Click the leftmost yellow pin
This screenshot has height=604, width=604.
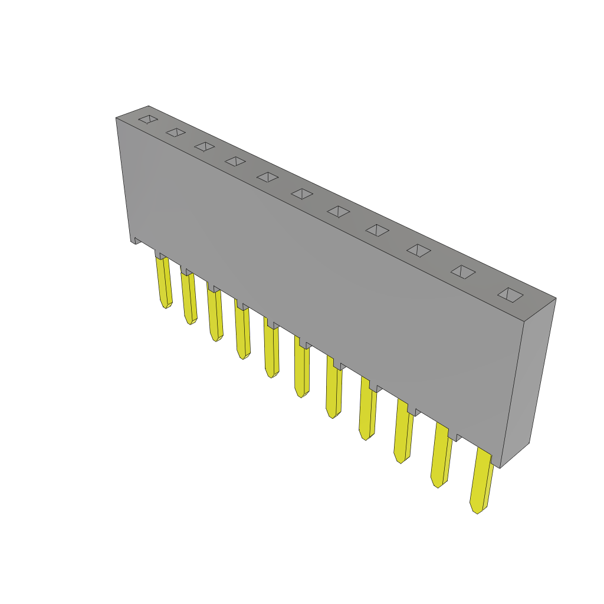pyautogui.click(x=164, y=282)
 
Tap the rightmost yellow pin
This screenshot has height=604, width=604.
pyautogui.click(x=481, y=481)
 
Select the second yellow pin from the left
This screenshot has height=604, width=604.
pyautogui.click(x=189, y=298)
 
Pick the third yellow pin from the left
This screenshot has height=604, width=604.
pyautogui.click(x=215, y=315)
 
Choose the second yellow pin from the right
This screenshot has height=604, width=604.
pyautogui.click(x=441, y=455)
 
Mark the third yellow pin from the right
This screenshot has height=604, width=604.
pyautogui.click(x=403, y=431)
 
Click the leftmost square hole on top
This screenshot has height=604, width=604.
pyautogui.click(x=148, y=119)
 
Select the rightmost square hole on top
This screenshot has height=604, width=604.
pyautogui.click(x=510, y=294)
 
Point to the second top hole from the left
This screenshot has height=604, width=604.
pyautogui.click(x=176, y=132)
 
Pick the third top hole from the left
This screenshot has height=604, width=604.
pyautogui.click(x=205, y=146)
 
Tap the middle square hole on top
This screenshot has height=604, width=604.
pyautogui.click(x=302, y=193)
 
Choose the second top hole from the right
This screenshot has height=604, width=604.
pyautogui.click(x=463, y=271)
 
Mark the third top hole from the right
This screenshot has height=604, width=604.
pyautogui.click(x=419, y=250)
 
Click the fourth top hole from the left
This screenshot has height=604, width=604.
pyautogui.click(x=235, y=161)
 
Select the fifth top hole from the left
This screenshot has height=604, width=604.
pyautogui.click(x=267, y=177)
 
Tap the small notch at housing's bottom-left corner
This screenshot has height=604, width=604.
pyautogui.click(x=136, y=240)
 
